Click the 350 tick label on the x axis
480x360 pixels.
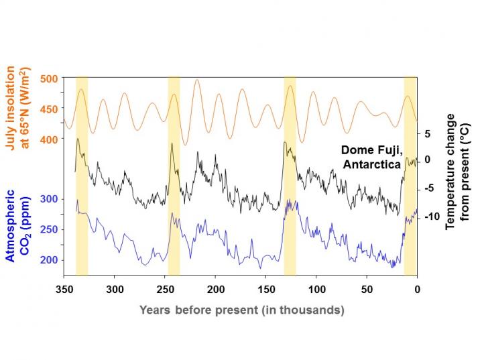[x=64, y=290]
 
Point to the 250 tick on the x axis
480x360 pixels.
[x=165, y=290]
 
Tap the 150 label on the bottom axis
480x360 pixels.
[x=266, y=290]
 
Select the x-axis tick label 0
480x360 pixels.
[x=417, y=290]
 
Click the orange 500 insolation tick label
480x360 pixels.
[x=49, y=78]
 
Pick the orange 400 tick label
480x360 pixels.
[x=49, y=139]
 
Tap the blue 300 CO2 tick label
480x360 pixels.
[x=49, y=199]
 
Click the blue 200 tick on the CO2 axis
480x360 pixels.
[x=49, y=260]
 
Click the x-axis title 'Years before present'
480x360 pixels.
[x=242, y=310]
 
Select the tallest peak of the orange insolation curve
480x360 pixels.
[x=197, y=80]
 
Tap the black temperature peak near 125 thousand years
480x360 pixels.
[x=286, y=142]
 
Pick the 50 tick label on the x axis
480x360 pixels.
[x=367, y=290]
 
